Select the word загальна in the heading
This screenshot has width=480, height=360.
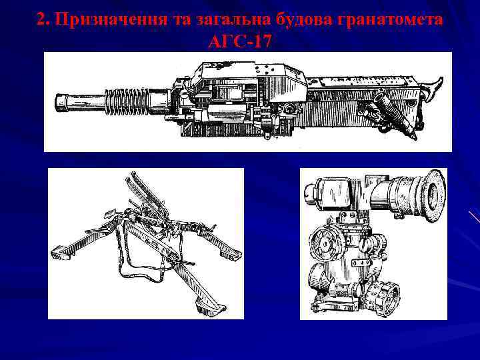(227, 20)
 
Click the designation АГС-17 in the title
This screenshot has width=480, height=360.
(240, 41)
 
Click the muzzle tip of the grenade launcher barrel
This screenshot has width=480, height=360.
(59, 103)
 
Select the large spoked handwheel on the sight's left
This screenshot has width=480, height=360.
(327, 243)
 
